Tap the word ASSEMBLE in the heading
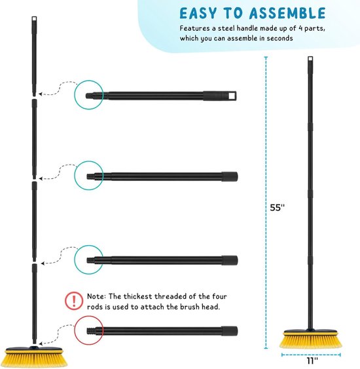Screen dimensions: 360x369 pyautogui.click(x=287, y=13)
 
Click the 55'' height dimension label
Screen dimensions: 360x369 pyautogui.click(x=278, y=208)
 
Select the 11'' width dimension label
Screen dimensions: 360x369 pyautogui.click(x=312, y=360)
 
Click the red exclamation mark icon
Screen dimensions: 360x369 pyautogui.click(x=74, y=301)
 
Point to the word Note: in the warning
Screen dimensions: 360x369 pyautogui.click(x=96, y=296)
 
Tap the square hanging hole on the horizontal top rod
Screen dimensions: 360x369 pyautogui.click(x=232, y=96)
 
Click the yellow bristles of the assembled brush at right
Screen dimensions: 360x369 pyautogui.click(x=311, y=341)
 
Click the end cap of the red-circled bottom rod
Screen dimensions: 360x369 pyautogui.click(x=230, y=331)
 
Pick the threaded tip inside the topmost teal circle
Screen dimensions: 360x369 pyautogui.click(x=90, y=96)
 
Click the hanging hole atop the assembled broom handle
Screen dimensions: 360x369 pyautogui.click(x=310, y=59)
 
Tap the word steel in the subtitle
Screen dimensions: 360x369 pyautogui.click(x=226, y=28)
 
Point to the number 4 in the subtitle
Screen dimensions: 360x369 pyautogui.click(x=300, y=28)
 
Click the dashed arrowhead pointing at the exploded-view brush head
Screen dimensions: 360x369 pyautogui.click(x=41, y=344)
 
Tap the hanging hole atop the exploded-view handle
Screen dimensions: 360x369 pyautogui.click(x=34, y=19)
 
